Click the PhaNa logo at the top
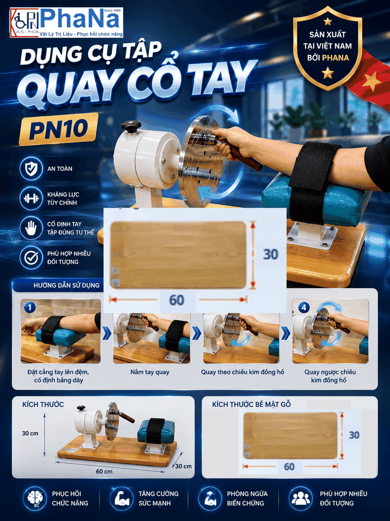tap(67, 22)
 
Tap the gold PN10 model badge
tap(59, 129)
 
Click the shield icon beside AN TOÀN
tap(31, 169)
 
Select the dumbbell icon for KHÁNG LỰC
tap(31, 198)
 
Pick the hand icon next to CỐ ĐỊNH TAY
tap(31, 228)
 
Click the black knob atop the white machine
tap(131, 126)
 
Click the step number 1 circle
tap(29, 307)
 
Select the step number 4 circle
tap(304, 307)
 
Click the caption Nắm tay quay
tap(150, 372)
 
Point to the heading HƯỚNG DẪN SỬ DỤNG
tap(67, 285)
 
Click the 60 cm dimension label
tap(104, 471)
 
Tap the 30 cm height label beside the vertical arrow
tap(30, 433)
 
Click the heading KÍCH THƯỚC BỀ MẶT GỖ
tap(251, 404)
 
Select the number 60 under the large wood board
tap(176, 300)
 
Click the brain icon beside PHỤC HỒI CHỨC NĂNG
tap(35, 499)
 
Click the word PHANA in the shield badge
tap(336, 58)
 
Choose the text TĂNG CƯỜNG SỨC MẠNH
tap(158, 499)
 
